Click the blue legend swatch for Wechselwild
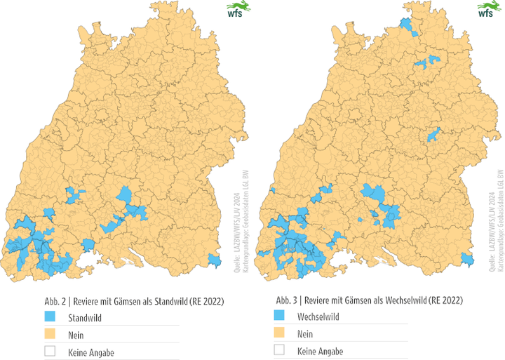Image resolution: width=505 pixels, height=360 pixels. [280, 317]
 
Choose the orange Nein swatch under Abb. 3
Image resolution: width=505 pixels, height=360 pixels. [280, 334]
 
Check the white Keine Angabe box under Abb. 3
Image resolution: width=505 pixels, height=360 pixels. [280, 350]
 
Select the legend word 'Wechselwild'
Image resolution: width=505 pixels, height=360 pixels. [318, 317]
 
